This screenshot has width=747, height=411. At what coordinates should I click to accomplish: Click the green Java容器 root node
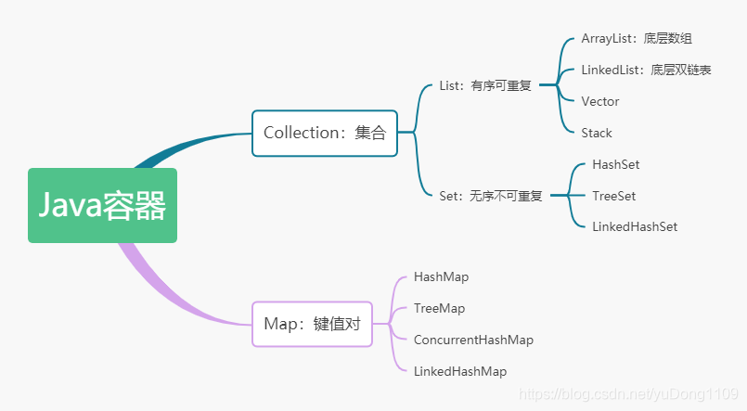[102, 205]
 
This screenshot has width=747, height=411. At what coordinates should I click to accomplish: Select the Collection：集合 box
[324, 133]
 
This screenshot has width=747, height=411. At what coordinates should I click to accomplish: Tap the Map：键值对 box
[312, 324]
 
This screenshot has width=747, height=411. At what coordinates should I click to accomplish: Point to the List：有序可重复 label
[483, 85]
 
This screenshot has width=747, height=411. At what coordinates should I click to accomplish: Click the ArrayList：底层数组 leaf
[637, 38]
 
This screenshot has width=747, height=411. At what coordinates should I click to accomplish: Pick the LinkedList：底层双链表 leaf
[646, 70]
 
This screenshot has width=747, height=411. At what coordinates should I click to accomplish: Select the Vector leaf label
[599, 101]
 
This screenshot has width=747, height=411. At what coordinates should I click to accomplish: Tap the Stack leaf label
[597, 133]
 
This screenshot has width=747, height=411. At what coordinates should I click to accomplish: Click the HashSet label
[615, 164]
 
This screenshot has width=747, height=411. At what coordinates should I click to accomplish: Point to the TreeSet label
[613, 196]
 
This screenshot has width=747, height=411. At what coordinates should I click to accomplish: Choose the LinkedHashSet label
[635, 226]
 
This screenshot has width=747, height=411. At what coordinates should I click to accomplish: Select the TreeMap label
[439, 308]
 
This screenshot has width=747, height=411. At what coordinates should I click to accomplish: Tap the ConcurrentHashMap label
[473, 340]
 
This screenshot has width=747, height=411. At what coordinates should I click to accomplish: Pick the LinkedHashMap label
[460, 371]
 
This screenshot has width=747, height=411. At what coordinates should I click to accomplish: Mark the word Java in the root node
[69, 205]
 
